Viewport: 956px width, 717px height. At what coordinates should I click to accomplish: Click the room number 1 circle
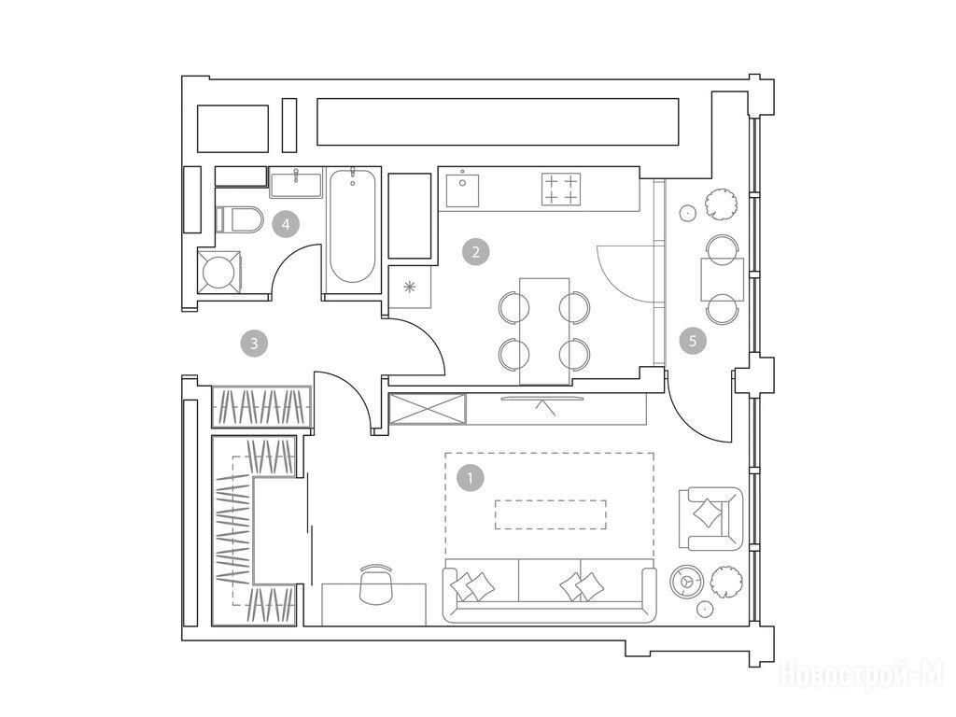click(471, 478)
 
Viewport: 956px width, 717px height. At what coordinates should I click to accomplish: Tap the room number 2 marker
click(475, 251)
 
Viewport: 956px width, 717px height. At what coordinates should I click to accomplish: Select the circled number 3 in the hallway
click(254, 344)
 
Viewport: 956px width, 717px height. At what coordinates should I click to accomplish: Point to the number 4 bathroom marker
click(286, 224)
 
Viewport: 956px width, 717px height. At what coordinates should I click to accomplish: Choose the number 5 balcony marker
click(693, 341)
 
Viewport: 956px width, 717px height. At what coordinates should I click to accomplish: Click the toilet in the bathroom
click(239, 219)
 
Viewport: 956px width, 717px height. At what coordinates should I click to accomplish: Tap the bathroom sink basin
click(296, 184)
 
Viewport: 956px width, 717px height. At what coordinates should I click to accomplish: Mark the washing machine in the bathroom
click(218, 272)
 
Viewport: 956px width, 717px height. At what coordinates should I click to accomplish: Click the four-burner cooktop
click(561, 189)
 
